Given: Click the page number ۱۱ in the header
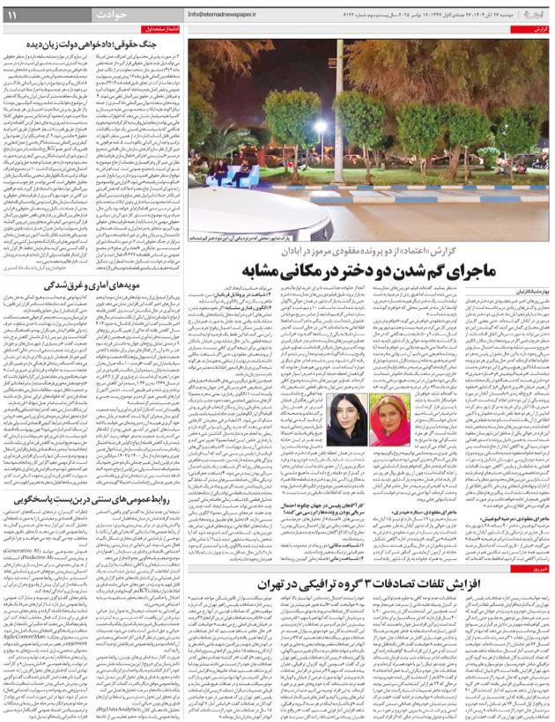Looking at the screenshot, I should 13,15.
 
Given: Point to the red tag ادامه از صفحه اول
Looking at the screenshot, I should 162,30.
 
